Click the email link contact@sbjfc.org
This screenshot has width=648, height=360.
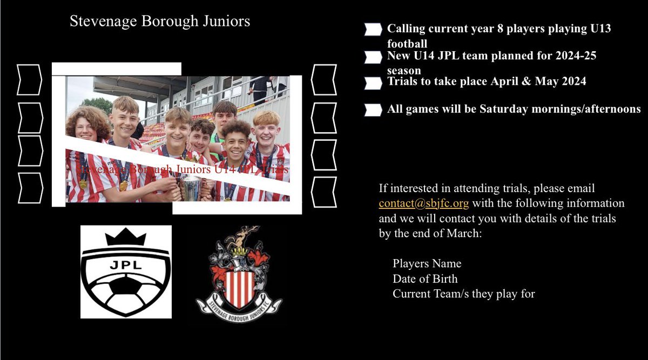[423, 203]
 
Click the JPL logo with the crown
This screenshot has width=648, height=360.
[126, 272]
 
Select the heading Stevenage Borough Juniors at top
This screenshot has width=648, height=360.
[160, 22]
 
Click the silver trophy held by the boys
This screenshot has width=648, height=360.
[191, 188]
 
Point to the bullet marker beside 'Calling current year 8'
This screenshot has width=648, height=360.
[373, 29]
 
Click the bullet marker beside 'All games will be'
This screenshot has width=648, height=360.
[373, 110]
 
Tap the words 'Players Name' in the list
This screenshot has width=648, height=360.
[427, 264]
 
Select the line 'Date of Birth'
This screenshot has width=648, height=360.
[424, 279]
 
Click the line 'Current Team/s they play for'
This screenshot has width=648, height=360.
[463, 294]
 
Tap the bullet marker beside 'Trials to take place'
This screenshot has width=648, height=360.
[373, 83]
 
